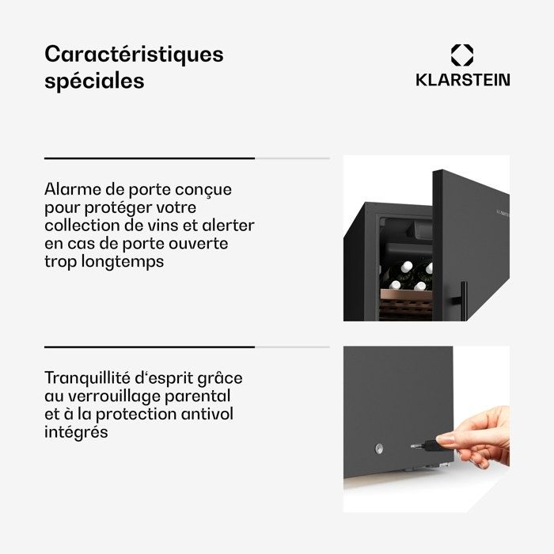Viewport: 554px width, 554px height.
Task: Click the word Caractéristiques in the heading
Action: (134, 55)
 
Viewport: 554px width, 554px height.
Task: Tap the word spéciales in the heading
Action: (94, 82)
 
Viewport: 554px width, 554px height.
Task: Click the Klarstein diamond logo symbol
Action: (462, 55)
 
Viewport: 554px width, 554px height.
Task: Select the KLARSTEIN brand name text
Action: (463, 80)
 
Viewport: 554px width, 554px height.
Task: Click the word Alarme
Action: (73, 189)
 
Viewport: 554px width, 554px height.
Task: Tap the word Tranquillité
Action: (87, 378)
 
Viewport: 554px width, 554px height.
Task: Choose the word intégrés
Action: (76, 432)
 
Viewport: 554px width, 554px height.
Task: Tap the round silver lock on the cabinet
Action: (379, 449)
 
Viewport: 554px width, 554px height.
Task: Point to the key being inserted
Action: (426, 446)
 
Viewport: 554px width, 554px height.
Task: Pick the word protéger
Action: (116, 207)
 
